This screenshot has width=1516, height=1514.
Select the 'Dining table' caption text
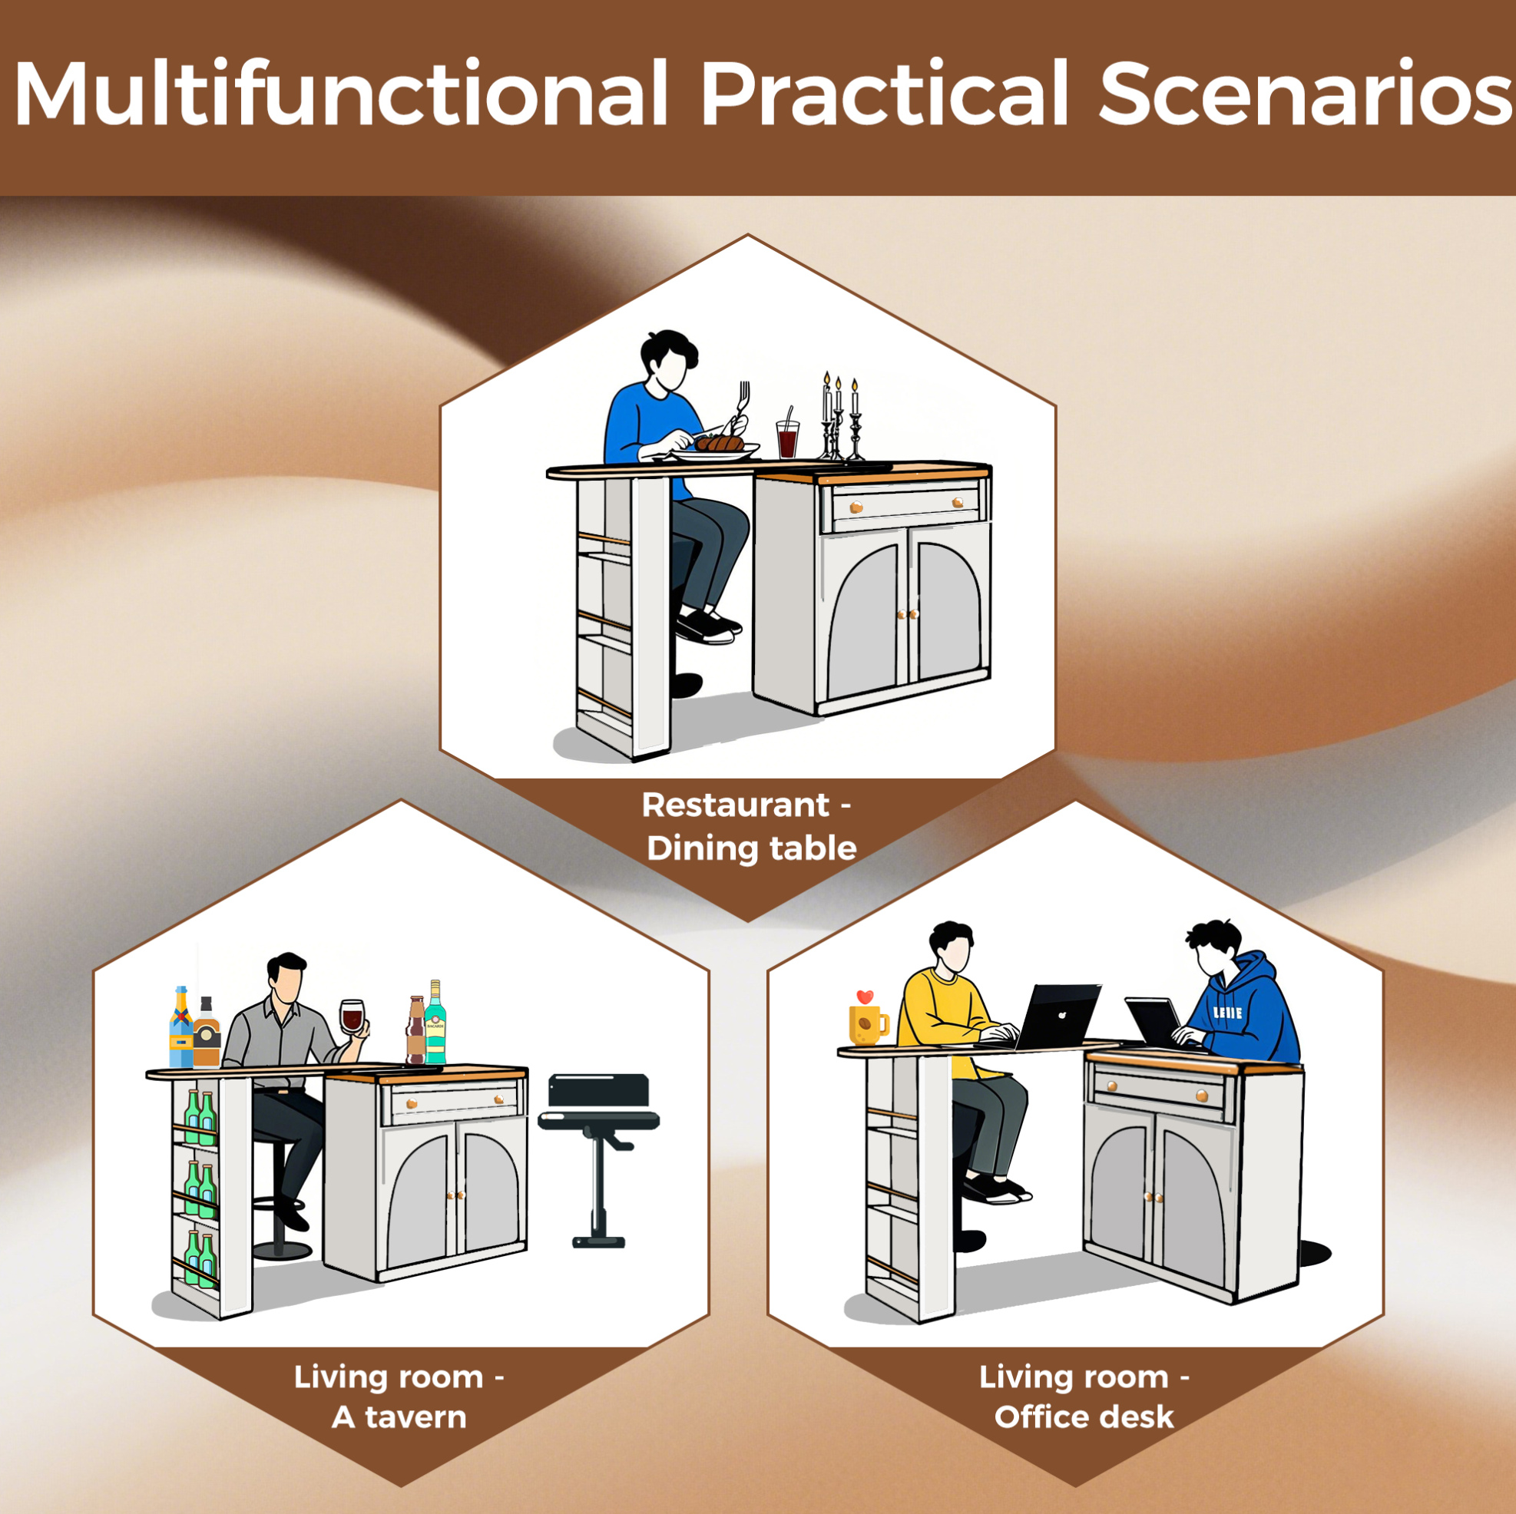coord(751,849)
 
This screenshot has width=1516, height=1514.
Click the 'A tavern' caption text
coord(399,1417)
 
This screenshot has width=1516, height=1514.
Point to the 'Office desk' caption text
coord(1084,1417)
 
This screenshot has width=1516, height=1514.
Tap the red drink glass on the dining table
coord(788,438)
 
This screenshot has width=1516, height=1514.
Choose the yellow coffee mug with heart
coord(868,1017)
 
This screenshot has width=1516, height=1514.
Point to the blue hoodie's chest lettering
coord(1227,1013)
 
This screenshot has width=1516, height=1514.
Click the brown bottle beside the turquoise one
coord(416,1030)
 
